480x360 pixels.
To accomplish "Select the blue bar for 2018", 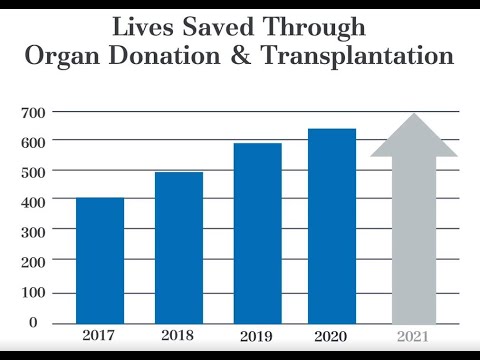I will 179,247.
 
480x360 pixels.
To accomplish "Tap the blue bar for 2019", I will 257,233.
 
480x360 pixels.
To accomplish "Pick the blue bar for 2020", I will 332,225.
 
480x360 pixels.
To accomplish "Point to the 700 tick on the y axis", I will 35,112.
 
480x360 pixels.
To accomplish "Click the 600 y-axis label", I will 35,142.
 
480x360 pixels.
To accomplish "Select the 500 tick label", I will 35,172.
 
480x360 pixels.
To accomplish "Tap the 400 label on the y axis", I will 35,202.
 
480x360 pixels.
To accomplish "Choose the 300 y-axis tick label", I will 35,232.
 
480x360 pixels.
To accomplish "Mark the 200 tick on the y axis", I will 35,262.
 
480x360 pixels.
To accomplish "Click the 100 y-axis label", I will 35,293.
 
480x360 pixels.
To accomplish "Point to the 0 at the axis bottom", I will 32,322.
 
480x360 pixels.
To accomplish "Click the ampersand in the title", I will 242,57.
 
